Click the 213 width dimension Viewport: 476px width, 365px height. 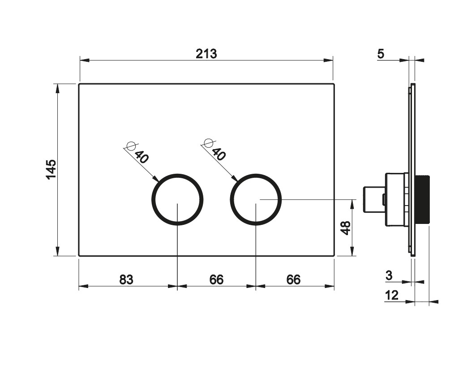point(206,54)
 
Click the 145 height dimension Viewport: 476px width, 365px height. point(51,169)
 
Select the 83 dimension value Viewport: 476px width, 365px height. point(126,279)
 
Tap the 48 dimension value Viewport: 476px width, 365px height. point(346,228)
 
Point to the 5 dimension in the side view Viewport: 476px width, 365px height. point(381,54)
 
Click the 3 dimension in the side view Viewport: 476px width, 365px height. point(389,275)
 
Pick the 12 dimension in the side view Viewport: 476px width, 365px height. point(392,295)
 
